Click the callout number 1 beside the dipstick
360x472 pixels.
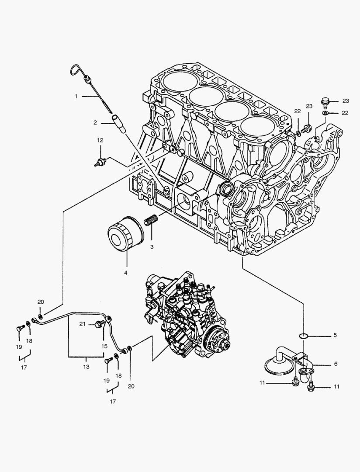(76, 96)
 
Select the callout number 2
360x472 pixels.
(95, 123)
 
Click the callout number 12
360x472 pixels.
(100, 140)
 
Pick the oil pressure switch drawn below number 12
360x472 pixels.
(100, 163)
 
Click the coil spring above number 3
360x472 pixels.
(151, 221)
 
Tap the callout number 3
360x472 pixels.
(152, 247)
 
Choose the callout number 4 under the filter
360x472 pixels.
(126, 273)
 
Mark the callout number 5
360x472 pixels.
(335, 336)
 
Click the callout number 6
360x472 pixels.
(335, 364)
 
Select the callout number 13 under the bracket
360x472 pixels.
(86, 367)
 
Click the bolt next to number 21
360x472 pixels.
(99, 324)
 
